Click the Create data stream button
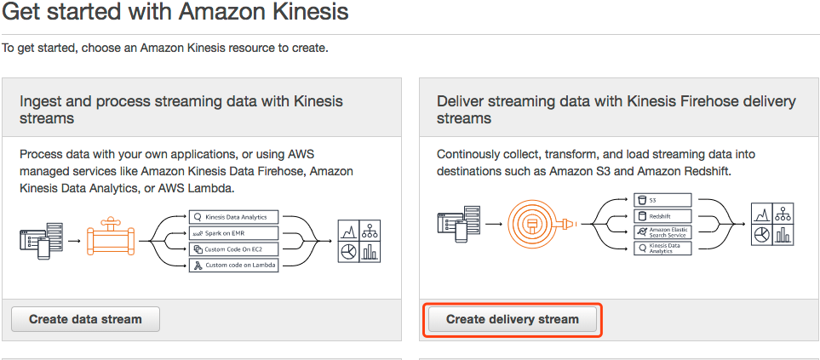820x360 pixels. pyautogui.click(x=85, y=319)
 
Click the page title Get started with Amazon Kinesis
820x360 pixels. pyautogui.click(x=175, y=14)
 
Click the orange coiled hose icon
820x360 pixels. pyautogui.click(x=534, y=223)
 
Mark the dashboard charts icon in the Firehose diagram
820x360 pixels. pyautogui.click(x=772, y=224)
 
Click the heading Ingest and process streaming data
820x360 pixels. pyautogui.click(x=181, y=110)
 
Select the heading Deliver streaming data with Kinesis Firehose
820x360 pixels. pyautogui.click(x=616, y=110)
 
